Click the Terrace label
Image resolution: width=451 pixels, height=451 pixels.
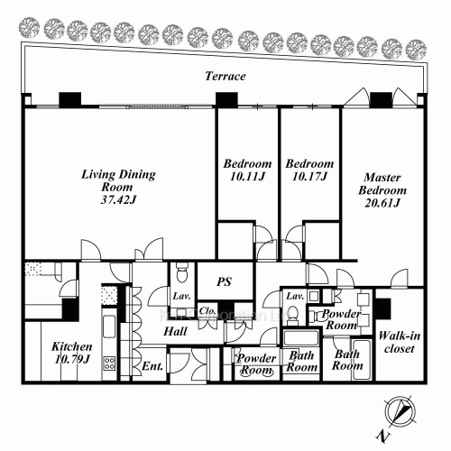click(x=225, y=77)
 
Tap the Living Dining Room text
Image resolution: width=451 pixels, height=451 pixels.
click(x=118, y=179)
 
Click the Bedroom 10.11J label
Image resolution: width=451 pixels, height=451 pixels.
click(x=247, y=170)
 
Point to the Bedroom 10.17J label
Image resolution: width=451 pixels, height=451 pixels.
click(x=309, y=170)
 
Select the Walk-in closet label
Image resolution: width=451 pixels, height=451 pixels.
click(x=398, y=342)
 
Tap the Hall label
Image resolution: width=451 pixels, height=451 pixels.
click(x=174, y=332)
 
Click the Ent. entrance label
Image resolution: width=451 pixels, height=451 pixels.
click(x=152, y=367)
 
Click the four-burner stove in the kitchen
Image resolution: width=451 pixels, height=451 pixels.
click(x=109, y=364)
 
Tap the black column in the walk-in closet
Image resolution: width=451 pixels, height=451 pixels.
click(x=382, y=307)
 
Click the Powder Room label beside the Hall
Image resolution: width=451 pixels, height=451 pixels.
click(x=256, y=364)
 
